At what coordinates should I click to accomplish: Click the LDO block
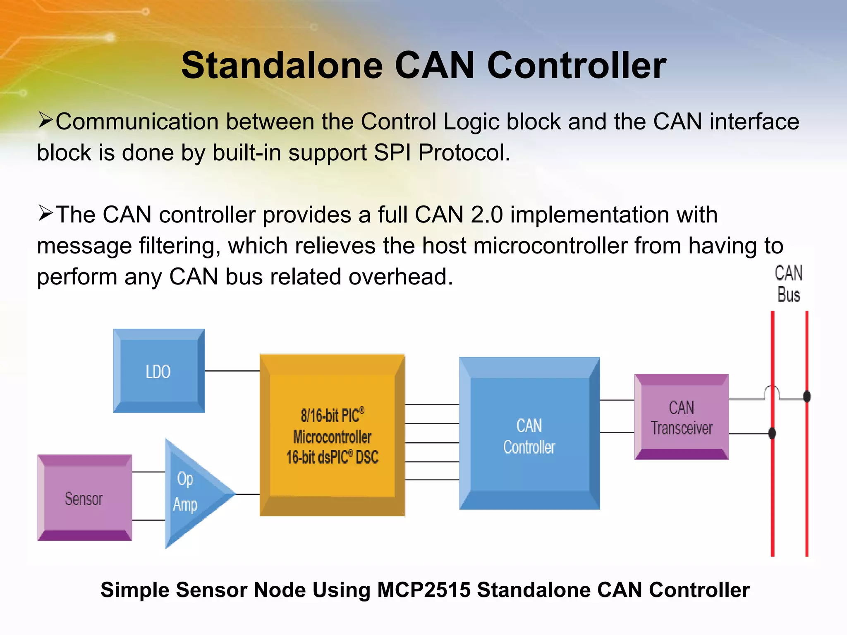tap(159, 371)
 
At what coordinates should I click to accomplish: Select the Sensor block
tap(85, 498)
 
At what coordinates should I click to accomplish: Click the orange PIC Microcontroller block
tap(332, 435)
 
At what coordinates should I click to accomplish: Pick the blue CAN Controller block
tap(529, 434)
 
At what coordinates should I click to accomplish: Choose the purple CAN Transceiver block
tap(682, 417)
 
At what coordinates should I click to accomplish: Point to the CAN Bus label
tap(788, 284)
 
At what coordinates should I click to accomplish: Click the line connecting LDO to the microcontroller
tap(232, 371)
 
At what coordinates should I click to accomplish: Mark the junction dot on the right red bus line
tap(806, 396)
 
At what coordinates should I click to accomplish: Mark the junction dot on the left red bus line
tap(772, 433)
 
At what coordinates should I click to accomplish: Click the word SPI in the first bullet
tap(392, 153)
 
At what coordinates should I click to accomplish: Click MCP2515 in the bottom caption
tap(423, 590)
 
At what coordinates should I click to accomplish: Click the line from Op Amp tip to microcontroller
tap(247, 494)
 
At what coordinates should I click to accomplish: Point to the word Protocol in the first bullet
tap(464, 153)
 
